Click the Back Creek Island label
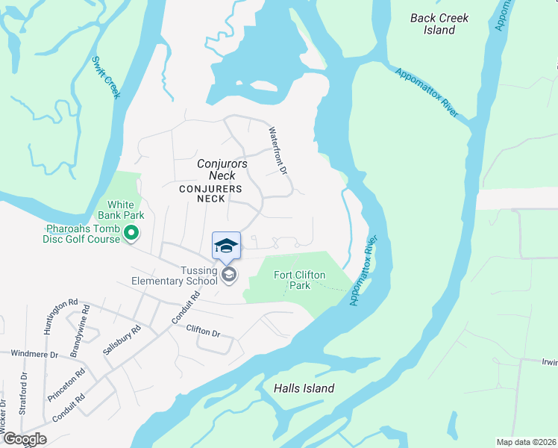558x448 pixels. [439, 23]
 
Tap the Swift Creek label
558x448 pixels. [107, 77]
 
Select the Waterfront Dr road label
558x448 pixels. [278, 150]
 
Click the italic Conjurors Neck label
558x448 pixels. [222, 169]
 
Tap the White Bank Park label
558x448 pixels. [121, 210]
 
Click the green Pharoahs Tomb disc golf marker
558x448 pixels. [132, 234]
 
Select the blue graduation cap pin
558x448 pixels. [227, 246]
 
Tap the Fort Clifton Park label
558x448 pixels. [299, 280]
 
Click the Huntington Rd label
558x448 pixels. [61, 313]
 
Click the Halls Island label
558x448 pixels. [304, 388]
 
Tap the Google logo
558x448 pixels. [25, 439]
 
